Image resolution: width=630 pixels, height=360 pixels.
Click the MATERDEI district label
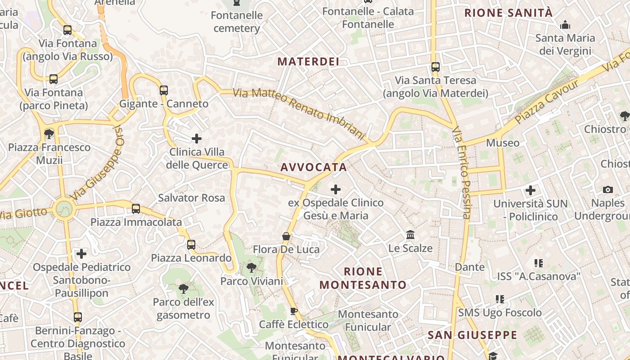pyautogui.click(x=308, y=62)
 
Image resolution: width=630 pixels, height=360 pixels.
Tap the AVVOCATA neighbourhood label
pyautogui.click(x=314, y=167)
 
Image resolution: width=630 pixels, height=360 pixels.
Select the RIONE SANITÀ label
pyautogui.click(x=508, y=13)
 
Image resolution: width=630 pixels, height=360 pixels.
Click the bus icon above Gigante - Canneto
pyautogui.click(x=164, y=90)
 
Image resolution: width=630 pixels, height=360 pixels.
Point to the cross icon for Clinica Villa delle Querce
pyautogui.click(x=197, y=138)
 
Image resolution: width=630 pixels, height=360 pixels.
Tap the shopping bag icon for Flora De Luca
pyautogui.click(x=286, y=236)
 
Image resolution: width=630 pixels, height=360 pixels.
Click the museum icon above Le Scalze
pyautogui.click(x=410, y=235)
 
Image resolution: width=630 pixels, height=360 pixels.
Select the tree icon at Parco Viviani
pyautogui.click(x=252, y=268)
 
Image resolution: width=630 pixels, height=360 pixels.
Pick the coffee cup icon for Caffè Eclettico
pyautogui.click(x=294, y=311)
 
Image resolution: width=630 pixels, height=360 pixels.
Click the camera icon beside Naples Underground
pyautogui.click(x=608, y=190)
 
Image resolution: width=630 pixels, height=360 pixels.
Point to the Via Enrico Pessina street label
pyautogui.click(x=462, y=173)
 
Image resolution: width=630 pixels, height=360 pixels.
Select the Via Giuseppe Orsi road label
pyautogui.click(x=97, y=162)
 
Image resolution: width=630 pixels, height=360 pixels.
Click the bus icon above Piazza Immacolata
pyautogui.click(x=136, y=209)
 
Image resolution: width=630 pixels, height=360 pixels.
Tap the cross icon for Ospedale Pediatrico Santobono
pyautogui.click(x=81, y=254)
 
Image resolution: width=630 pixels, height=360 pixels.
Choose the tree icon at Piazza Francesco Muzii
pyautogui.click(x=49, y=134)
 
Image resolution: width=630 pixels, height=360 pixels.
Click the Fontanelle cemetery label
pyautogui.click(x=237, y=22)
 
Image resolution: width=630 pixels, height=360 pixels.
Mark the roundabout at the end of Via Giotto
pyautogui.click(x=64, y=209)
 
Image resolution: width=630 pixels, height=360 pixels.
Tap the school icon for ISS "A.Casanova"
pyautogui.click(x=538, y=263)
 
